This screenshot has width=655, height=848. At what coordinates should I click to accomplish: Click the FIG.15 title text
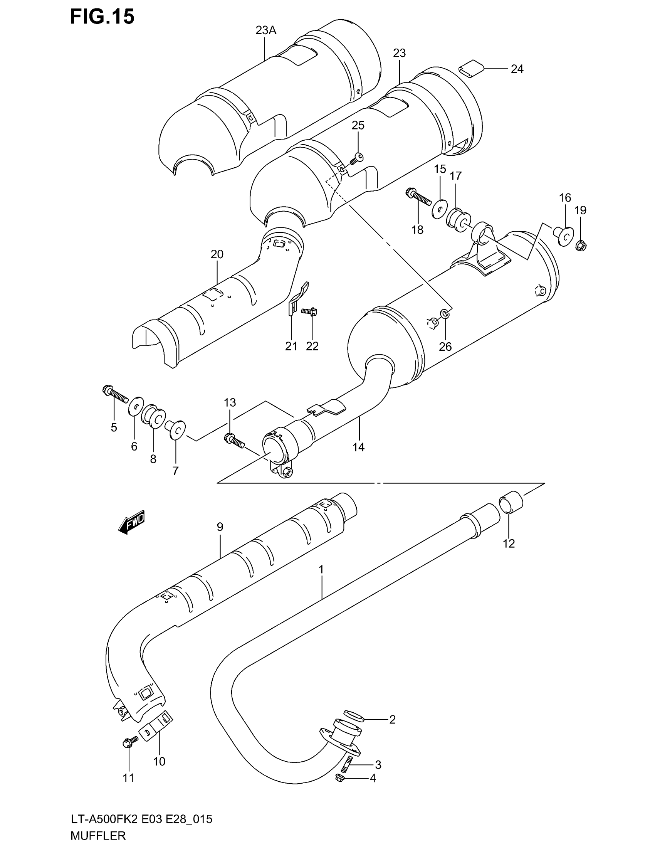[102, 17]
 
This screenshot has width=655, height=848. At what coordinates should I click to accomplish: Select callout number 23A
[266, 30]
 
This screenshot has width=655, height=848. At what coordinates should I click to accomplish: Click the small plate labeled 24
[471, 69]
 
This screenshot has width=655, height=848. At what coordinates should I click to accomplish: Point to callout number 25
[358, 125]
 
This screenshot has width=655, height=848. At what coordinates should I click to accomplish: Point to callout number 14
[358, 447]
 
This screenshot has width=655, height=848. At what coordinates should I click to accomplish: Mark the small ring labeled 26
[445, 314]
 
